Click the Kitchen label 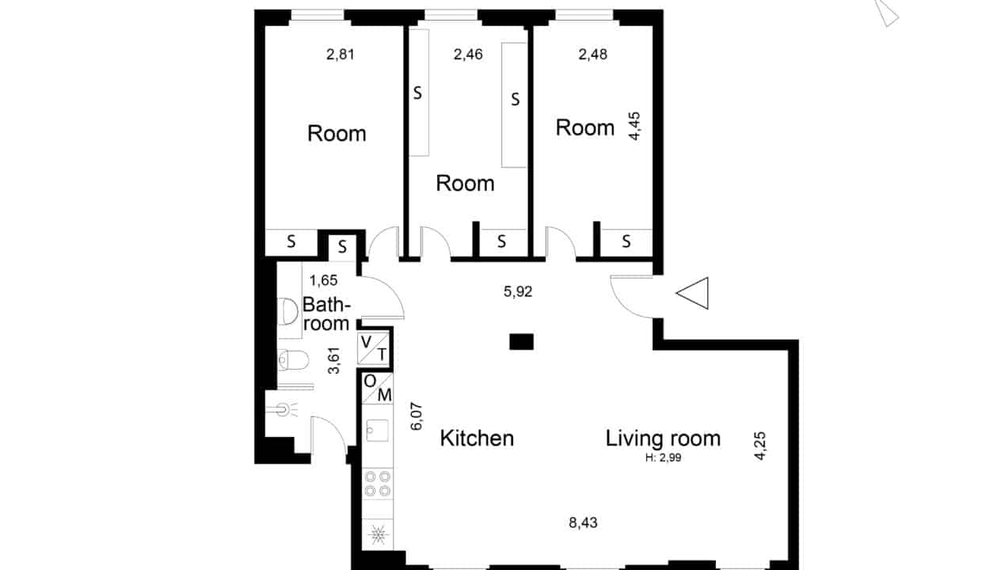(477, 438)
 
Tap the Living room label (663, 439)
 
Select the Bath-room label (326, 314)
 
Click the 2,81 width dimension (341, 55)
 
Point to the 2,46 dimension (468, 55)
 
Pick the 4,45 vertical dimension (634, 126)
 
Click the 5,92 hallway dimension (518, 291)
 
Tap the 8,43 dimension (583, 522)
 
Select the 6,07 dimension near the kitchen (417, 416)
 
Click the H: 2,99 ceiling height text (664, 458)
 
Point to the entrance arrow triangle (692, 293)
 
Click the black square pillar (521, 342)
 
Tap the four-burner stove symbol (378, 484)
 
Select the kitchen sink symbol (377, 430)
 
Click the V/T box (374, 348)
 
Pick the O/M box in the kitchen (377, 388)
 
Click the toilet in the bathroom (293, 360)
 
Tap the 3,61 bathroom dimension (334, 360)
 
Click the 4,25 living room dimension (760, 446)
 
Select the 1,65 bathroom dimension (324, 280)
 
